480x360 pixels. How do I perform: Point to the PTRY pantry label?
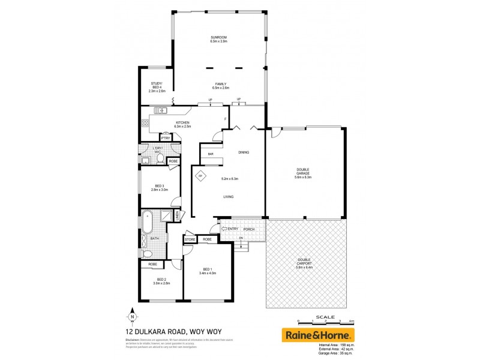[165, 138]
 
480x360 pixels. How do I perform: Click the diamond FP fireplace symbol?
[202, 176]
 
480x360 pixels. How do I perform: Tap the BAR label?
[211, 154]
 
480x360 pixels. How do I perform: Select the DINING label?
[243, 152]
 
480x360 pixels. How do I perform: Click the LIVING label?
[228, 197]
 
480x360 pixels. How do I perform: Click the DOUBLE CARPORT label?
[305, 263]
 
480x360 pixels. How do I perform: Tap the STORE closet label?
[190, 240]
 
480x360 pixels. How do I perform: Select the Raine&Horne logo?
[318, 334]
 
